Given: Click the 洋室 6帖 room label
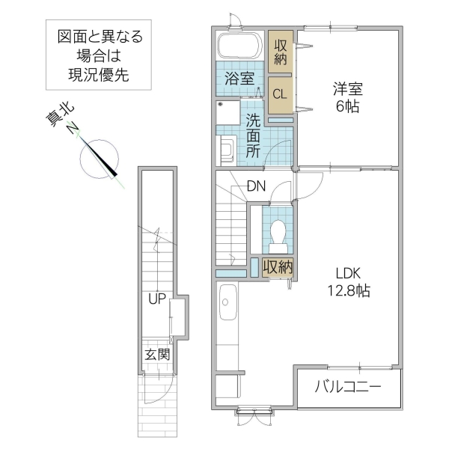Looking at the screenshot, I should pyautogui.click(x=346, y=98).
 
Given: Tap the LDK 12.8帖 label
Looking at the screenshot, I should pyautogui.click(x=345, y=281).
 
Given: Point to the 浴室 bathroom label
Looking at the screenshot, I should pyautogui.click(x=239, y=78).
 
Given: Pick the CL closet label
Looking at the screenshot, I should pyautogui.click(x=280, y=94).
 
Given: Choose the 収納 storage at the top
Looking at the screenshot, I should pyautogui.click(x=281, y=52).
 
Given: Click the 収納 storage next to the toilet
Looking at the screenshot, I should pyautogui.click(x=277, y=266).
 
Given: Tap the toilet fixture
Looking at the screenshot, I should pyautogui.click(x=278, y=233).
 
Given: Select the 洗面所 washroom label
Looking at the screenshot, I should pyautogui.click(x=254, y=135).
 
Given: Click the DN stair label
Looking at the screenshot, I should pyautogui.click(x=256, y=186).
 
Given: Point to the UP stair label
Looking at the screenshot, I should pyautogui.click(x=156, y=300).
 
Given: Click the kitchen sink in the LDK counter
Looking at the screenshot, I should pyautogui.click(x=226, y=302).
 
